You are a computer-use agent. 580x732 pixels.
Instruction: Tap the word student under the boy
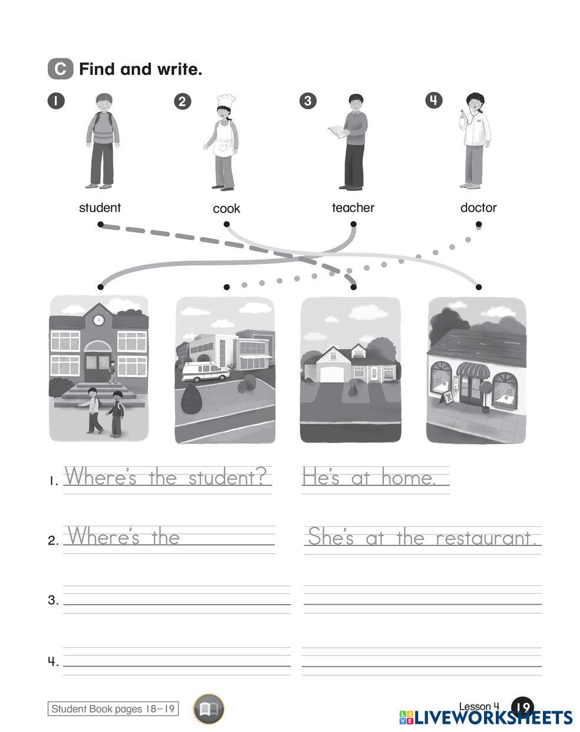pyautogui.click(x=100, y=207)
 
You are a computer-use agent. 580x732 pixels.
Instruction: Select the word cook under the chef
pyautogui.click(x=227, y=209)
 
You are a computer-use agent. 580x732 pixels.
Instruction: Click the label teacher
pyautogui.click(x=353, y=207)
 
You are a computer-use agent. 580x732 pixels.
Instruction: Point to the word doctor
pyautogui.click(x=478, y=207)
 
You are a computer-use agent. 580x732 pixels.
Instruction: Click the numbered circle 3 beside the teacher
pyautogui.click(x=307, y=101)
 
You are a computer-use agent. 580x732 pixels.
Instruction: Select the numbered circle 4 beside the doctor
pyautogui.click(x=433, y=100)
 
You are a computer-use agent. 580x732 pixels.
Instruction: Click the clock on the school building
pyautogui.click(x=98, y=320)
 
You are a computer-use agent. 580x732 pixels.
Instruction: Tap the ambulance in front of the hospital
pyautogui.click(x=206, y=371)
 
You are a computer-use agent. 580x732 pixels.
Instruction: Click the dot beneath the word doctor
pyautogui.click(x=479, y=224)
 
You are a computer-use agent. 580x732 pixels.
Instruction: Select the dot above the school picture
pyautogui.click(x=100, y=287)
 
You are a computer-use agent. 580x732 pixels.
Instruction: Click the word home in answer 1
pyautogui.click(x=408, y=477)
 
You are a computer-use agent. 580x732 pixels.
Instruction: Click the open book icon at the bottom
pyautogui.click(x=208, y=708)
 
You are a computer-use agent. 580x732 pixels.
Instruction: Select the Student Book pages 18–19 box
pyautogui.click(x=113, y=709)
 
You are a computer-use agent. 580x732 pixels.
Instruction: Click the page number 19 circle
pyautogui.click(x=522, y=706)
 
